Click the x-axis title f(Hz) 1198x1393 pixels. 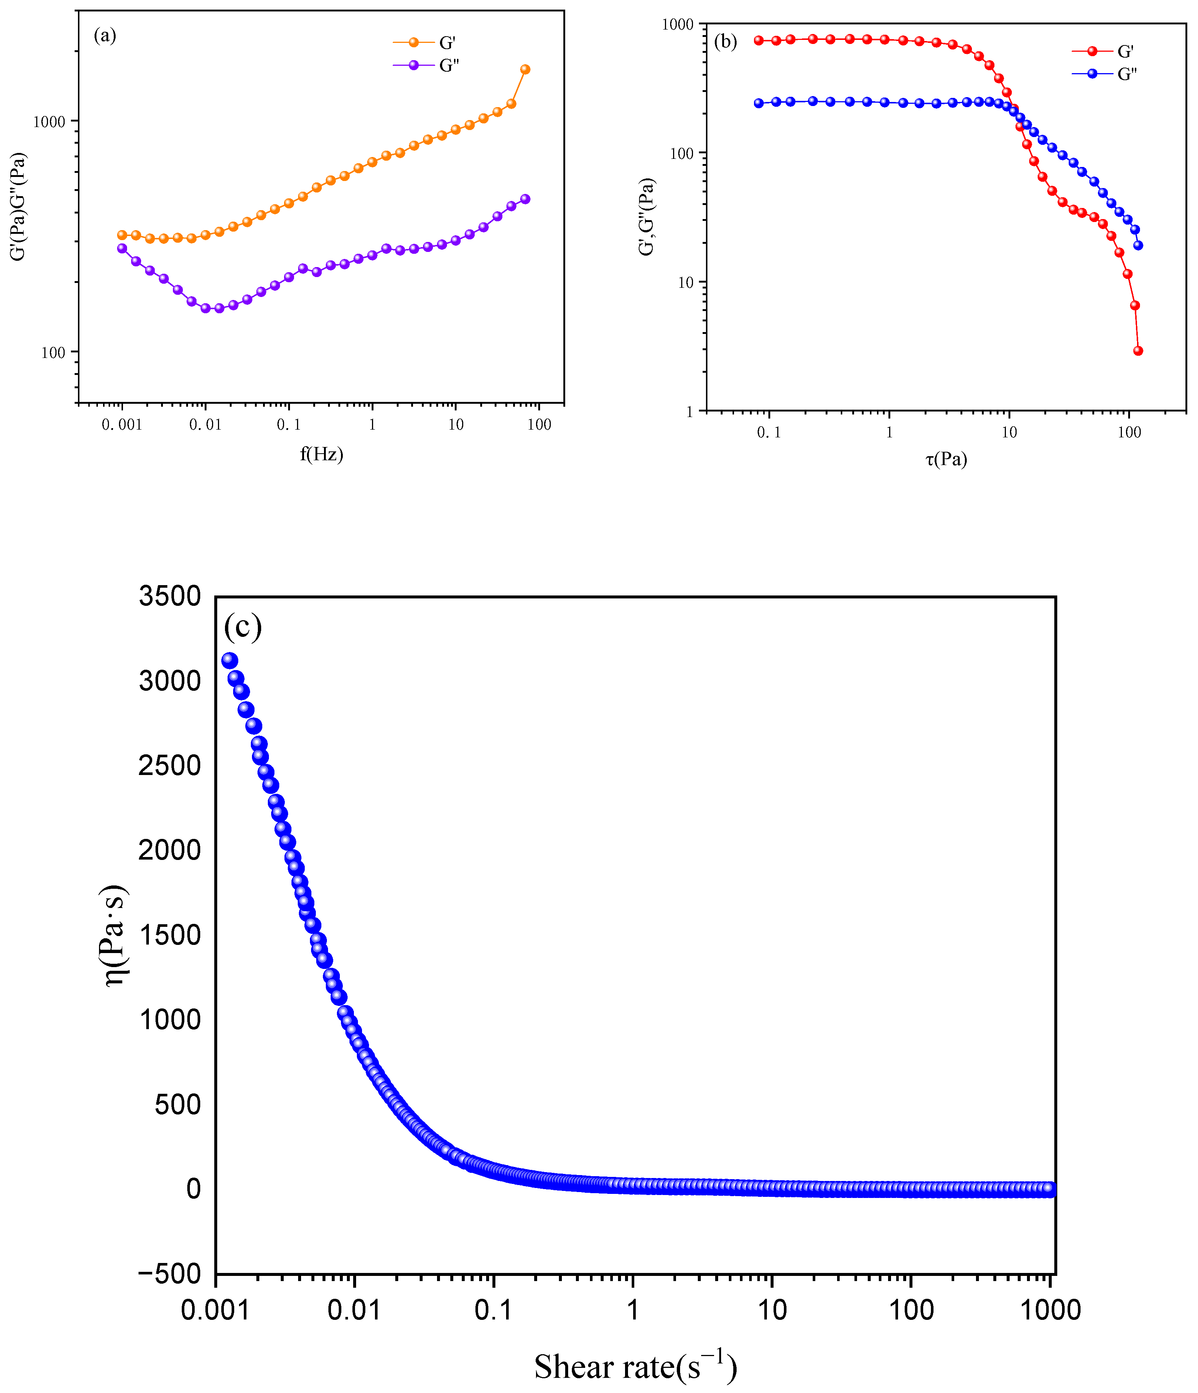tap(321, 454)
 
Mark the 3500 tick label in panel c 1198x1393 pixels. tap(170, 596)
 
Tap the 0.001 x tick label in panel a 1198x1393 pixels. tap(122, 425)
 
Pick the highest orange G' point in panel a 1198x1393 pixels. tap(525, 69)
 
